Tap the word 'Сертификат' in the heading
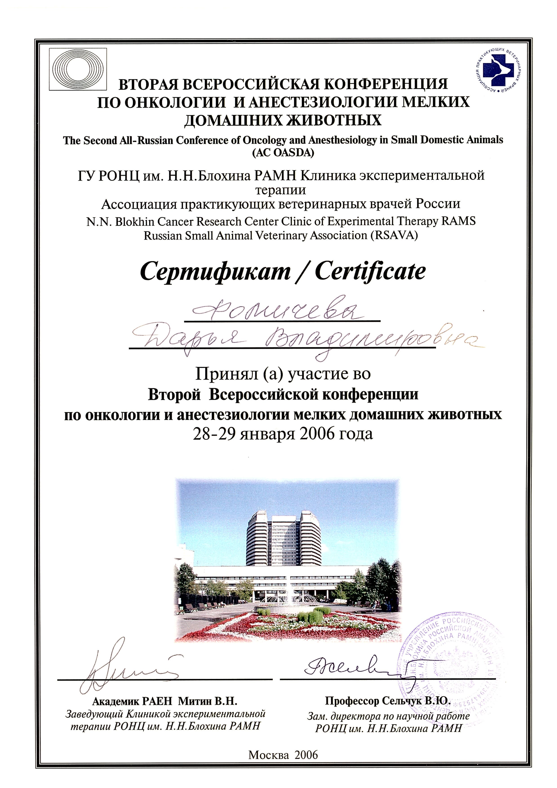(215, 272)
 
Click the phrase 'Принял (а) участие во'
(283, 374)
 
